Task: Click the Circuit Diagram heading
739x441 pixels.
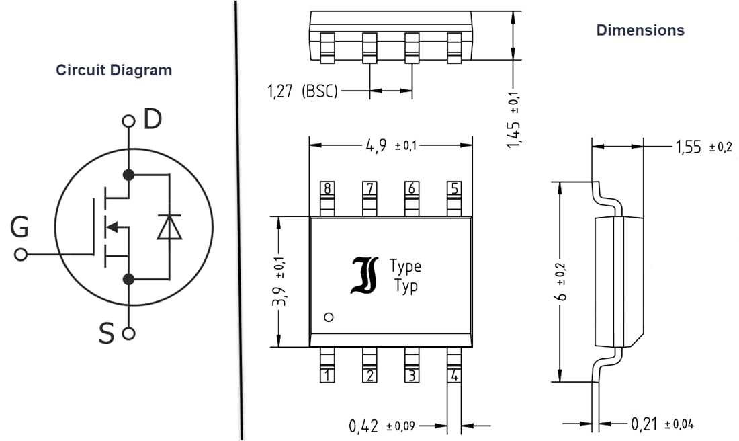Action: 114,70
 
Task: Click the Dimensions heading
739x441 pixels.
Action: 640,30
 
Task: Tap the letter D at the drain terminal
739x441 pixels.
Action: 153,120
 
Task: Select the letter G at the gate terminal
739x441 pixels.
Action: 19,229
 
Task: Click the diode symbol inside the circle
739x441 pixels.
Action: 169,227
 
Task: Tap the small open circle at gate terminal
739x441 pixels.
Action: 20,255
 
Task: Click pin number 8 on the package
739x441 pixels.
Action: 327,188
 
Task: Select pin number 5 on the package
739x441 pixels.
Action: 454,188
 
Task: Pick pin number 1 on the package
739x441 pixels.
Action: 327,376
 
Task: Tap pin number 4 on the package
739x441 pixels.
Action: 454,376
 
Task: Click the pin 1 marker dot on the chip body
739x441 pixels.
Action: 329,317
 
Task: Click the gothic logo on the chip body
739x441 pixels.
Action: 364,275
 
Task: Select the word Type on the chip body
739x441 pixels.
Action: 405,266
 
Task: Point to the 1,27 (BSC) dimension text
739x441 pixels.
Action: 302,91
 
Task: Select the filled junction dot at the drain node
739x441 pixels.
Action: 128,175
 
